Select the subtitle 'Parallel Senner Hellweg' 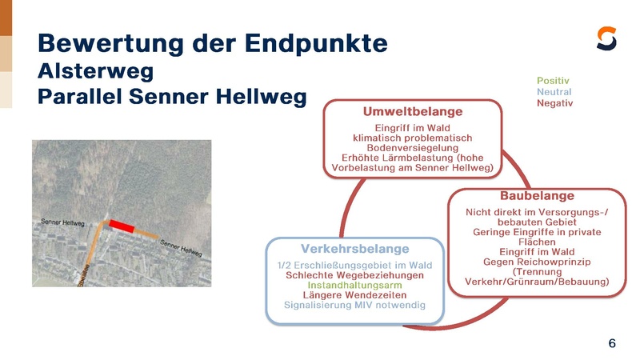click(172, 97)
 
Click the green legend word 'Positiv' click(553, 81)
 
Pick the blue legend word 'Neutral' click(554, 92)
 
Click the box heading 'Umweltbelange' click(413, 111)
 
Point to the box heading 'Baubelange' click(537, 195)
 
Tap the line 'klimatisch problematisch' click(413, 138)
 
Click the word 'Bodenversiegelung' click(413, 148)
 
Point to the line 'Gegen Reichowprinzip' click(537, 261)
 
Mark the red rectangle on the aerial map click(122, 226)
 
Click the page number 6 click(612, 343)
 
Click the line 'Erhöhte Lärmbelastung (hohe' click(413, 158)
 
